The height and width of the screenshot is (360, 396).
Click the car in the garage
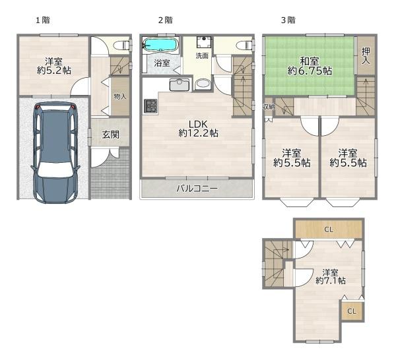[55, 152]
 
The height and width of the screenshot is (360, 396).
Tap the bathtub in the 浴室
[160, 45]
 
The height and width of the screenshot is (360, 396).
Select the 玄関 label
[111, 135]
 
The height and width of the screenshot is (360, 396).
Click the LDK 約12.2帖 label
[198, 129]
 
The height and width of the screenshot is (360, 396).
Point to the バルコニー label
[197, 189]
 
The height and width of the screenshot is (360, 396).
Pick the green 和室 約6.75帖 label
[310, 66]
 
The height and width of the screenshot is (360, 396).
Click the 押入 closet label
[366, 56]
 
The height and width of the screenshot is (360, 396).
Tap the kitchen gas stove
[150, 105]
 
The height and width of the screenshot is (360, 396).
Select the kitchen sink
[180, 84]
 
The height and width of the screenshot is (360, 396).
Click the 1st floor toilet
[122, 45]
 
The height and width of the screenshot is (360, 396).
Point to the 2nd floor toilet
[244, 45]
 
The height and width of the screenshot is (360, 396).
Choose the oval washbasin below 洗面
[203, 84]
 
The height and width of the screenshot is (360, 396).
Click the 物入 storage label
[120, 96]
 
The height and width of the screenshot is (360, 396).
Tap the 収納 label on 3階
[269, 107]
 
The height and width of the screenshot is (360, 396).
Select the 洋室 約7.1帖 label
[331, 276]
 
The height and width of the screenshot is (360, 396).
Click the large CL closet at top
[329, 229]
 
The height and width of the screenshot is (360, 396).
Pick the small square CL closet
[352, 311]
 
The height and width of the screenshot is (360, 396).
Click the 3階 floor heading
[288, 20]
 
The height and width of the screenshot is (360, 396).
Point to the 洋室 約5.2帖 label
[54, 66]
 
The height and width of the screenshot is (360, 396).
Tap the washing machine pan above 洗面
[203, 42]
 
